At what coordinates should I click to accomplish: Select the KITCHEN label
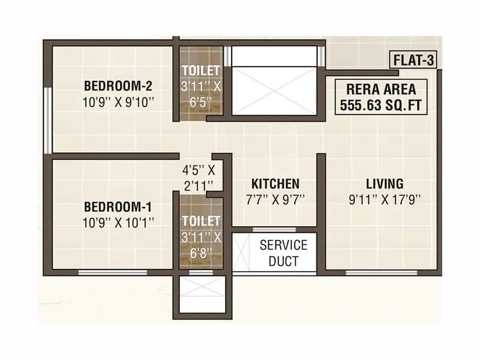[x=275, y=184]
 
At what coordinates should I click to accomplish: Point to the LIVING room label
[x=385, y=184]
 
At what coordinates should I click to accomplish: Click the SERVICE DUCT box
[x=283, y=253]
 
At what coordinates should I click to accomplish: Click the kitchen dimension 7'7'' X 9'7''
[x=275, y=200]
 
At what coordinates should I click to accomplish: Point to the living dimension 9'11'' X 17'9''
[x=385, y=200]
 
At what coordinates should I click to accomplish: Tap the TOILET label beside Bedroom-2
[x=201, y=71]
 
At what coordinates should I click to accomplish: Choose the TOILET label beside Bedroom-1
[x=201, y=221]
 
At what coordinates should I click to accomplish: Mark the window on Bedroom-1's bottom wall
[x=114, y=272]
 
